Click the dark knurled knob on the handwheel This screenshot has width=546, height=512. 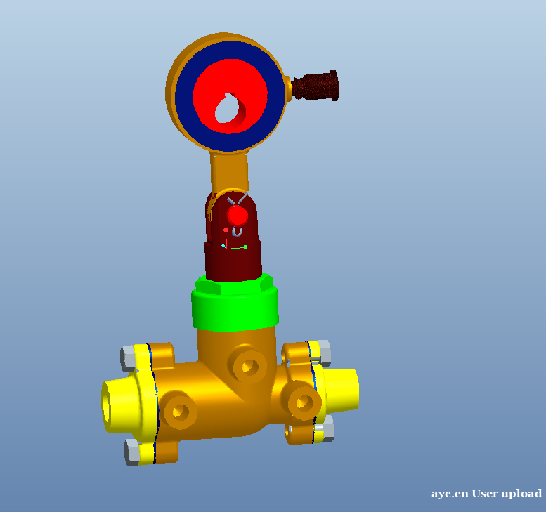coord(315,85)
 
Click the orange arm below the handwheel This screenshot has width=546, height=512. coord(229,172)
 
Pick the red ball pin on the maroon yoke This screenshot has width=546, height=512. coord(238,216)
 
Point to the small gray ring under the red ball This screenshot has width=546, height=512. coord(237,232)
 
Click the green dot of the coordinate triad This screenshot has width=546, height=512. coord(245,247)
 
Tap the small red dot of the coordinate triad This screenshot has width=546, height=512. coord(226,230)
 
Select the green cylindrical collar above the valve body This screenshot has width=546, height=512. coord(235,303)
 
